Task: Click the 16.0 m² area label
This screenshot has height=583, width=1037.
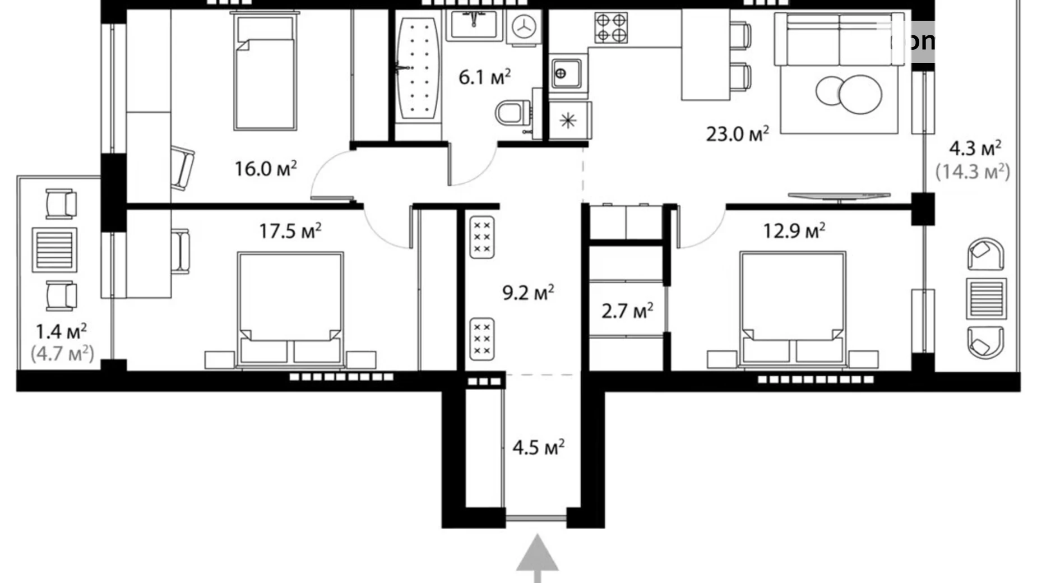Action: [265, 169]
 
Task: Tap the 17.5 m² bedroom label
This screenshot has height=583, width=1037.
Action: [290, 231]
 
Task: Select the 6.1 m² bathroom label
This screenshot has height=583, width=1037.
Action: [484, 77]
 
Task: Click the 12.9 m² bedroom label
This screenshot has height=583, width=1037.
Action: [794, 231]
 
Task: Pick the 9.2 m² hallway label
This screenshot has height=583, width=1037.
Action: [527, 293]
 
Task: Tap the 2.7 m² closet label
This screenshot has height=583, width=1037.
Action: [627, 311]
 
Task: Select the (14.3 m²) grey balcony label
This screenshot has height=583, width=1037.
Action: [973, 172]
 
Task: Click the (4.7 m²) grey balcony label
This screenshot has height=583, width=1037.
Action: [62, 354]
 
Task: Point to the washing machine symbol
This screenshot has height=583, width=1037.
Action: [524, 26]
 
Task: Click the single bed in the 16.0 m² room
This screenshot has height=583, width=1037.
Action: [265, 73]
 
